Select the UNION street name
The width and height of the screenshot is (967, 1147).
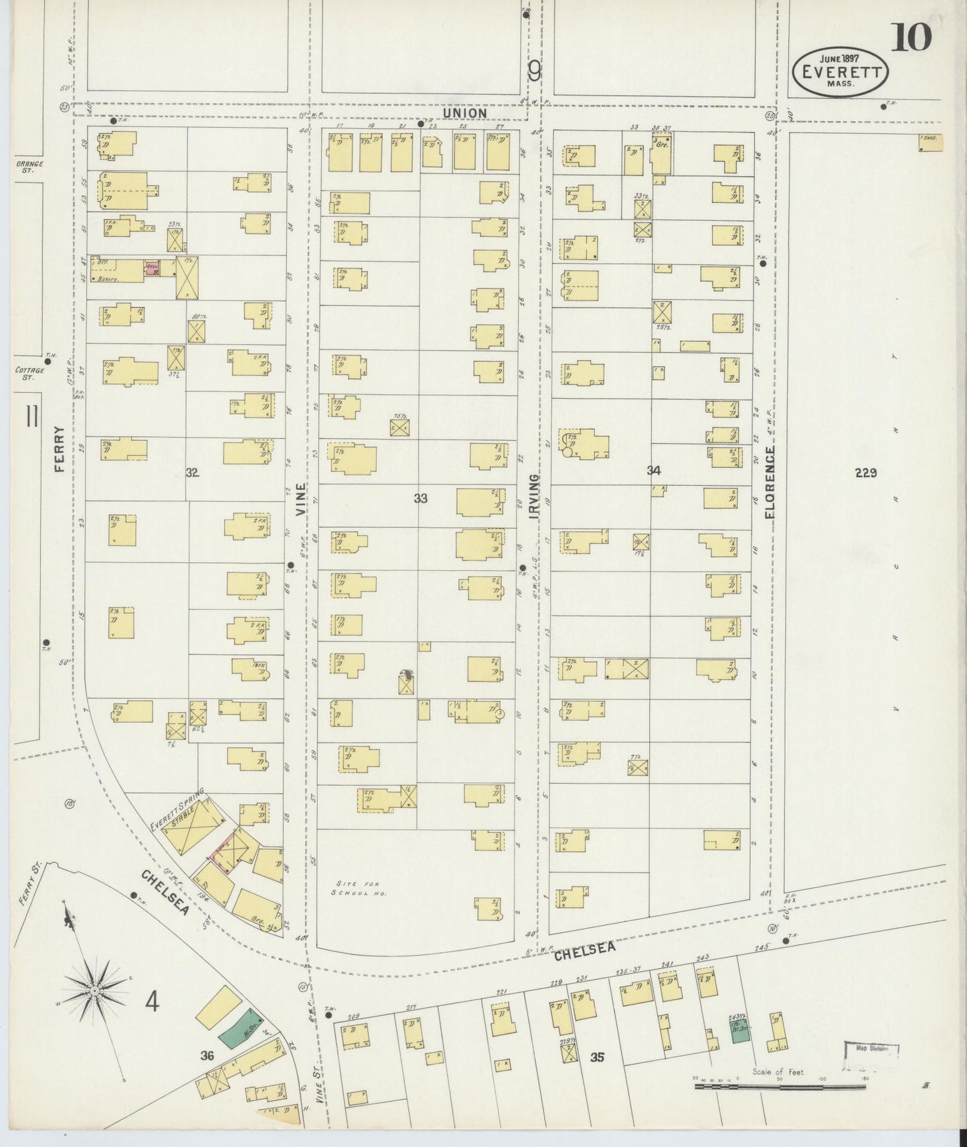pyautogui.click(x=464, y=114)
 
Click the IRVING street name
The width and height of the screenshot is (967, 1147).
pyautogui.click(x=533, y=493)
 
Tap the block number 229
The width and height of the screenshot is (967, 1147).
pyautogui.click(x=865, y=473)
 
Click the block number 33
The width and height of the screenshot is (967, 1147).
pyautogui.click(x=420, y=498)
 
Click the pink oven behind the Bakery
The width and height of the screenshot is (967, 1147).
pyautogui.click(x=152, y=268)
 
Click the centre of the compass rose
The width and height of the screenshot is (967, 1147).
pyautogui.click(x=95, y=990)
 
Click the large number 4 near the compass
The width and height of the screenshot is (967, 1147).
pyautogui.click(x=153, y=1002)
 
